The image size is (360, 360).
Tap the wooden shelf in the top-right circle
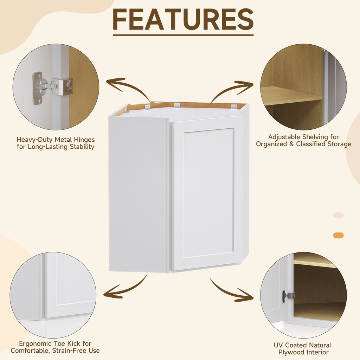point(290,95)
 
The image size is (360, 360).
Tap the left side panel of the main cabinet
point(139,193)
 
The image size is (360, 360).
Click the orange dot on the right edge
point(339,236)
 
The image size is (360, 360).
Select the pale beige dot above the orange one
point(339,215)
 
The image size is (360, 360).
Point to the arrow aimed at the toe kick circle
point(125,288)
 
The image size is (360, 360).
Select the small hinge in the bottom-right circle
point(287,296)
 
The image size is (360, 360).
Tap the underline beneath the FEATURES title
point(183,35)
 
